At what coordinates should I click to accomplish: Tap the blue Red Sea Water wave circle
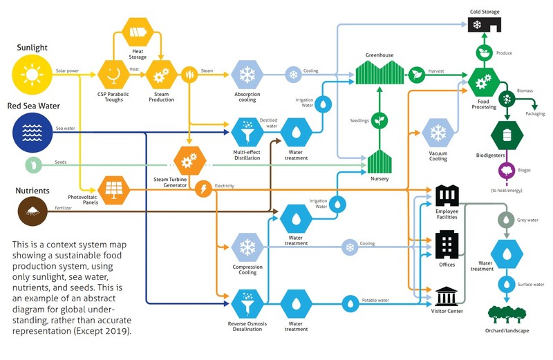pos(32,131)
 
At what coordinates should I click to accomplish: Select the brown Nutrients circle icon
pos(32,207)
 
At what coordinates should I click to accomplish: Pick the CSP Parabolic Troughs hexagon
pos(113,74)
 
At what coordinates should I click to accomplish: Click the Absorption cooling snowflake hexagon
pos(247,74)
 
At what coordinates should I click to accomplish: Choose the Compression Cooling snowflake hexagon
pos(247,247)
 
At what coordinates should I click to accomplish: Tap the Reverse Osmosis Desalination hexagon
pos(247,302)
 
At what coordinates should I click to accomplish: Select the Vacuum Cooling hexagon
pos(438,132)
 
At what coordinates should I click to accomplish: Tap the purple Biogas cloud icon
pos(507,171)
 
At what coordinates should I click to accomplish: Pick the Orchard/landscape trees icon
pos(507,314)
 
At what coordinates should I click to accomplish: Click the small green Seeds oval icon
pos(32,164)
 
